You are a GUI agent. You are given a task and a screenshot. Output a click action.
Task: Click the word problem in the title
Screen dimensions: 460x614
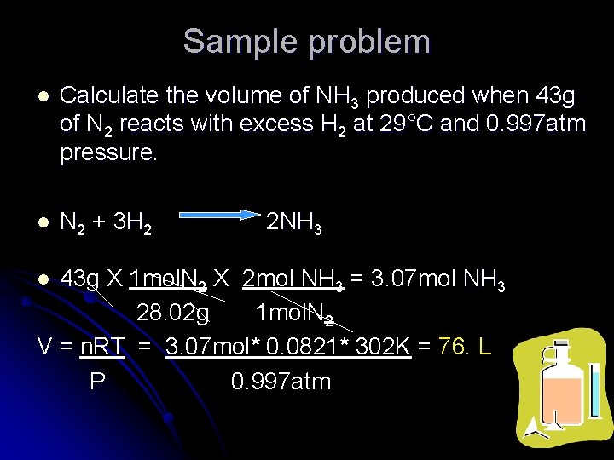(374, 41)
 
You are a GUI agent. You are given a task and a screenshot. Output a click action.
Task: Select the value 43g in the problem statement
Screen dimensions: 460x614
(557, 95)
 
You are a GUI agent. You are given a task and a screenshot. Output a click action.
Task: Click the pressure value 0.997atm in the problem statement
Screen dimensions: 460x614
(535, 124)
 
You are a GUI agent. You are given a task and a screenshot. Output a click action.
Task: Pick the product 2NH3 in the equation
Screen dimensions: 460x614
(293, 224)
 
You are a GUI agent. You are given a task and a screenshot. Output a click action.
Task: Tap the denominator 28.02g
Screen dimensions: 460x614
(172, 313)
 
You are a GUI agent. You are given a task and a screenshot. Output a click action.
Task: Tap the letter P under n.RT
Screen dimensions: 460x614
(97, 382)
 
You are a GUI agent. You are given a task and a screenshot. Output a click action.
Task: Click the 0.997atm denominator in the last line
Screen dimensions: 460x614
(281, 382)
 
